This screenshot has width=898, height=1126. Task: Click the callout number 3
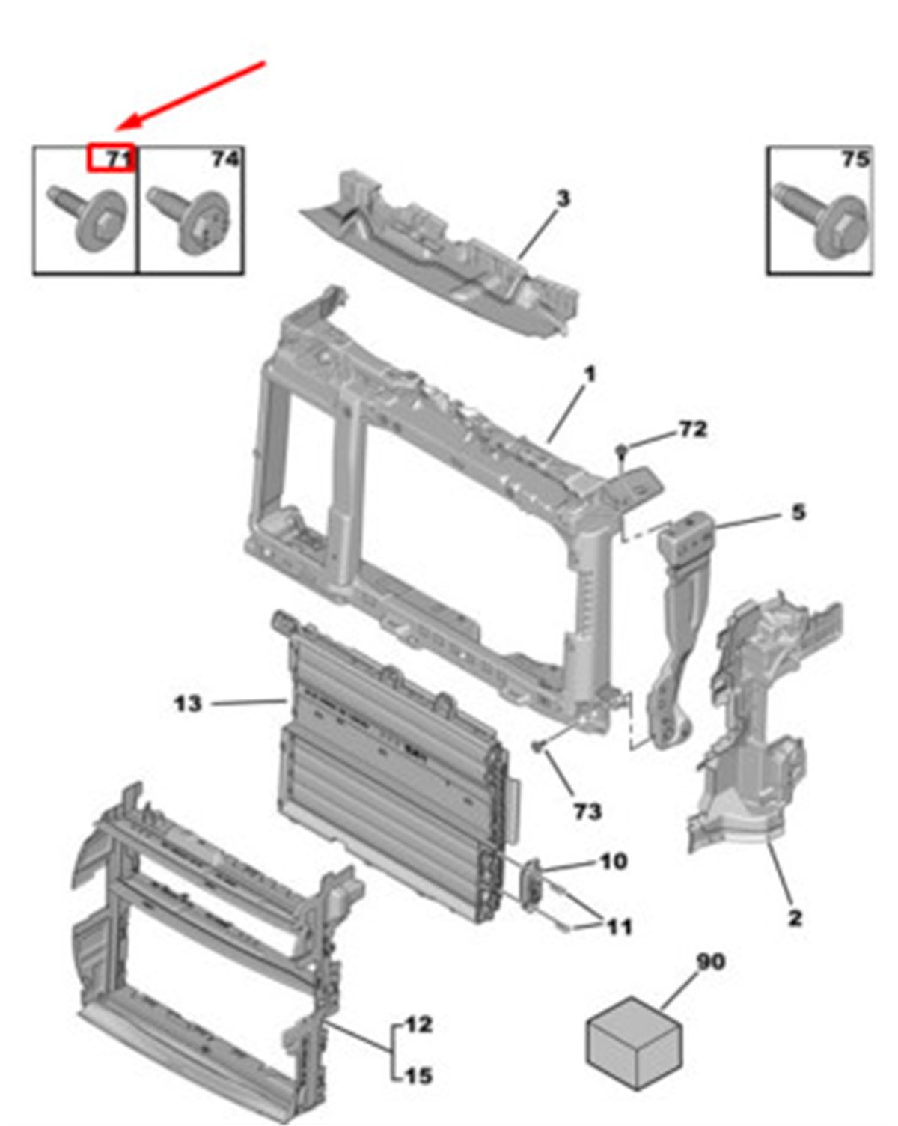point(562,199)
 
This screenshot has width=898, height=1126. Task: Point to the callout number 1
point(590,374)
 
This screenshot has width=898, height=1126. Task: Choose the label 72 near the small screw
point(693,430)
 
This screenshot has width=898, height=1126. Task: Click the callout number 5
point(798,512)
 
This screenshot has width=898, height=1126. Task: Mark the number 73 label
point(587,812)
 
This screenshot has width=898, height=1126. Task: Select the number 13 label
point(187,704)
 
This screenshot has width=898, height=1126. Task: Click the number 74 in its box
point(225,159)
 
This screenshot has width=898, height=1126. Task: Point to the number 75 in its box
point(855,159)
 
